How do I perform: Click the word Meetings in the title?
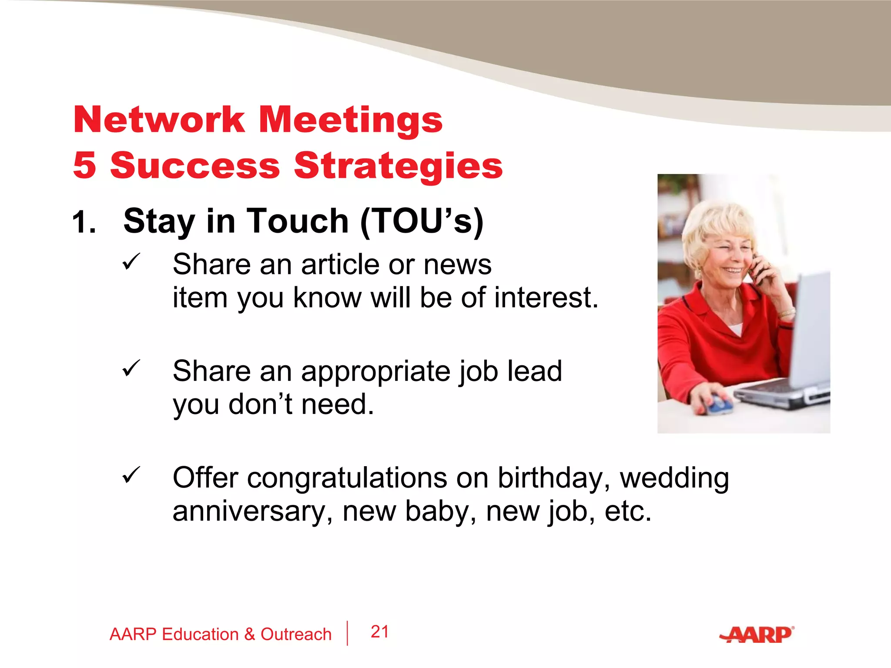pyautogui.click(x=351, y=121)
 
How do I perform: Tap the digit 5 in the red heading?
pyautogui.click(x=84, y=165)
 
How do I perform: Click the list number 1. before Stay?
pyautogui.click(x=84, y=223)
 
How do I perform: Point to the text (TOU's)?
pyautogui.click(x=422, y=222)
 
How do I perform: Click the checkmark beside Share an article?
pyautogui.click(x=131, y=261)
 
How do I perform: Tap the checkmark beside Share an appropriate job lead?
pyautogui.click(x=131, y=368)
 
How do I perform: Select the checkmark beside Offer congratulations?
pyautogui.click(x=131, y=474)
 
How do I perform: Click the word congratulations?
pyautogui.click(x=347, y=478)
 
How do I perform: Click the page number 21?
pyautogui.click(x=379, y=632)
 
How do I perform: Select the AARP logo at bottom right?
pyautogui.click(x=757, y=635)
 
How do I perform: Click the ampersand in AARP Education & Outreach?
pyautogui.click(x=250, y=635)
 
